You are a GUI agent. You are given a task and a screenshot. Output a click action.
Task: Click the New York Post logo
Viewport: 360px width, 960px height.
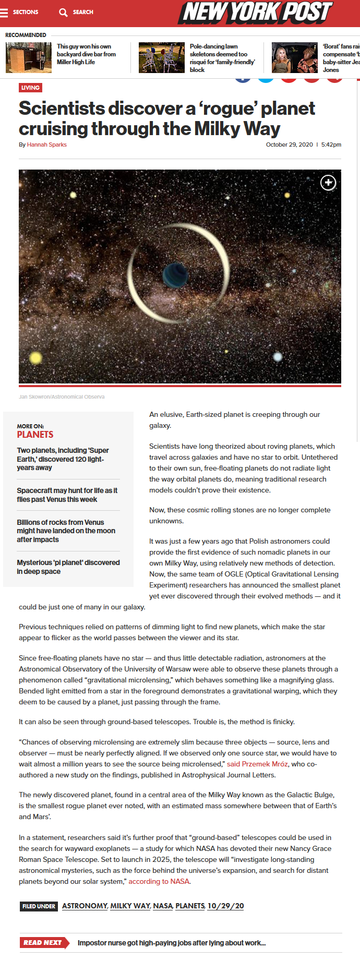256,13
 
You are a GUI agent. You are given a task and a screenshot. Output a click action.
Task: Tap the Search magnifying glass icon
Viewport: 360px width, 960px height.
63,13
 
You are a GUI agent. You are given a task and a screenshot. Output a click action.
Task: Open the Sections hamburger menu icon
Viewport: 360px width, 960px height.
4,13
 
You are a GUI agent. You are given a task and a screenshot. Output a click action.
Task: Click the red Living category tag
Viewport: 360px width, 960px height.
30,88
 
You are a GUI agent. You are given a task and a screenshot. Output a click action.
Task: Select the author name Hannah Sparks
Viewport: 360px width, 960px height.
46,145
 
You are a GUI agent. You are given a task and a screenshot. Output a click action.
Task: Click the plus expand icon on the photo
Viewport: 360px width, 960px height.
328,183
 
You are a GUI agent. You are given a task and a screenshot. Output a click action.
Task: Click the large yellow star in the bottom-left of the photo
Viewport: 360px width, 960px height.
35,357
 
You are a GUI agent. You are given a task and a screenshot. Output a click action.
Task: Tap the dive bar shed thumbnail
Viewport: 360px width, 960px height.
29,57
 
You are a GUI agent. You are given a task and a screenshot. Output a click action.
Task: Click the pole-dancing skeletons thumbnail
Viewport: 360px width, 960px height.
161,57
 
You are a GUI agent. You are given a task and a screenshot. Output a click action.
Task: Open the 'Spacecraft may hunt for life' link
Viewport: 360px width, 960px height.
67,495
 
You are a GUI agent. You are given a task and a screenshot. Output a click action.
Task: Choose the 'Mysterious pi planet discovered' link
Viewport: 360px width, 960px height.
68,567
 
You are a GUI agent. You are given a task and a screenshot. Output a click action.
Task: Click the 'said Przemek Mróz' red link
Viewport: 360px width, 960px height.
257,764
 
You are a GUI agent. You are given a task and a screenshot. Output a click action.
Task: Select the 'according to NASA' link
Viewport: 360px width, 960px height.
159,881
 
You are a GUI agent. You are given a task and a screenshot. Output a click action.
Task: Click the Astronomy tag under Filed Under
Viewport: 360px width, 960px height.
85,906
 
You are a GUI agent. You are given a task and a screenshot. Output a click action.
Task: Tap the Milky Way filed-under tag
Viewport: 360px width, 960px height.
130,906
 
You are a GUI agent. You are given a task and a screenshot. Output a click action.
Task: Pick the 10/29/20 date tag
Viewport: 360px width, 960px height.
225,906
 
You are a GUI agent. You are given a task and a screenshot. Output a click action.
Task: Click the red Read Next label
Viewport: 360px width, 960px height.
43,942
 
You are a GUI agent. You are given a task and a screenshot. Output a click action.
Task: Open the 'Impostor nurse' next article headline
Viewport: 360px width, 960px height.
172,943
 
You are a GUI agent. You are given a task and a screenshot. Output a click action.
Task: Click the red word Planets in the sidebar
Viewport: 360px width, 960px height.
35,435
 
